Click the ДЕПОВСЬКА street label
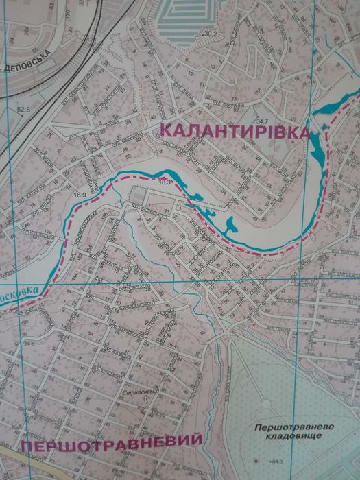point(31,70)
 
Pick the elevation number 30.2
point(209,34)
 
